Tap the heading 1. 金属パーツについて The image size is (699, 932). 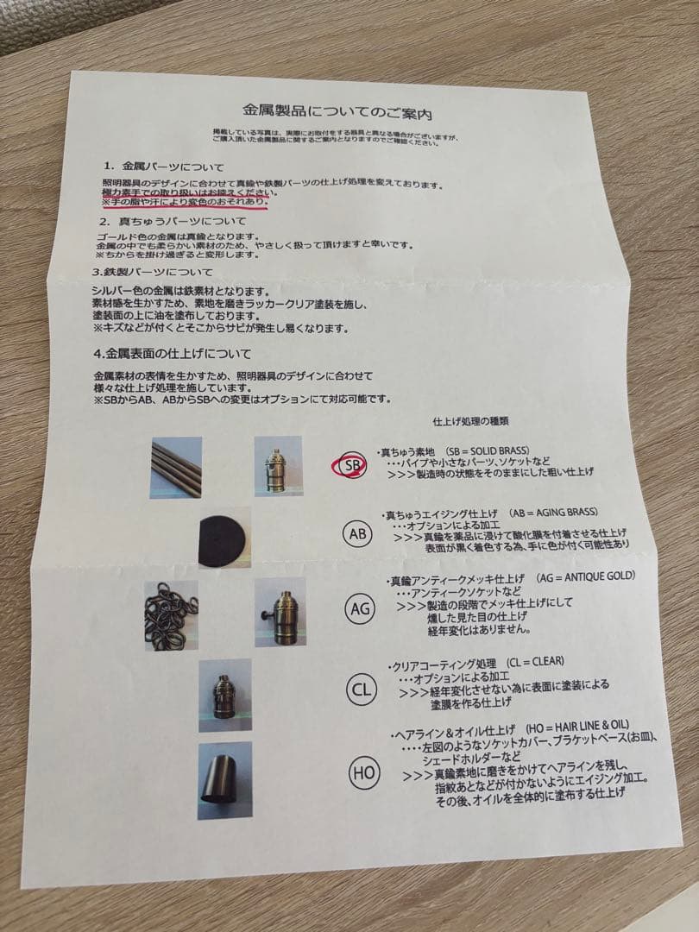click(163, 165)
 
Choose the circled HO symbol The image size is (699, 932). click(362, 772)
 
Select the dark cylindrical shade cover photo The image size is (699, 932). click(224, 780)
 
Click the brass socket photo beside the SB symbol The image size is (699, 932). click(279, 466)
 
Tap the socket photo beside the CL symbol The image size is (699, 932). click(224, 696)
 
